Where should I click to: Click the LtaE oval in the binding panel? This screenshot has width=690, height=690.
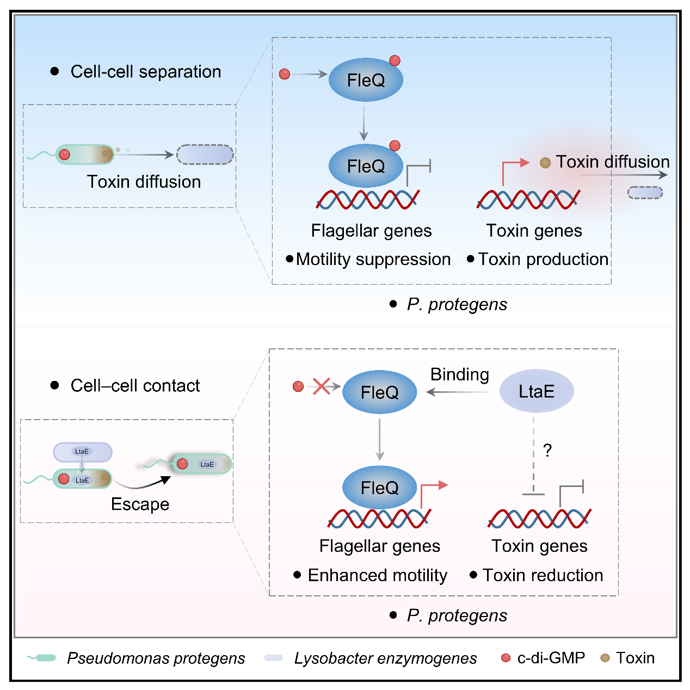(x=537, y=391)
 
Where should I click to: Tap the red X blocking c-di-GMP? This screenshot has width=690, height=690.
(x=322, y=386)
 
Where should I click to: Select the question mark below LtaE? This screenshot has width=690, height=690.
(x=547, y=451)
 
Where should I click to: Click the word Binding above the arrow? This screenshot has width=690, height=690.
(x=459, y=374)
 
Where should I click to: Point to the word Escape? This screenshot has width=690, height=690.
(x=140, y=504)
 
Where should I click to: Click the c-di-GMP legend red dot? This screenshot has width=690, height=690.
(x=506, y=658)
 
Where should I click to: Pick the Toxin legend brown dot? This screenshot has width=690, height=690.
(x=605, y=658)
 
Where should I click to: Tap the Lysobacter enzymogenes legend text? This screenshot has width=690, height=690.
(x=385, y=658)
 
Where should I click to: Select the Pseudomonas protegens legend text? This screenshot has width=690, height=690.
(x=156, y=658)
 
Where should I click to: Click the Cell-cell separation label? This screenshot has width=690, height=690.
(x=145, y=72)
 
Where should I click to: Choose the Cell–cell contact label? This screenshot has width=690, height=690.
(x=135, y=386)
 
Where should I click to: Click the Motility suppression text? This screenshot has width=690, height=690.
(x=373, y=260)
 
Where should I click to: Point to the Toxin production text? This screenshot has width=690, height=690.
(x=543, y=260)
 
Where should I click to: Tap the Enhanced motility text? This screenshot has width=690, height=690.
(x=377, y=575)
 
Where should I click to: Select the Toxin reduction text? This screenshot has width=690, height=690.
(x=543, y=575)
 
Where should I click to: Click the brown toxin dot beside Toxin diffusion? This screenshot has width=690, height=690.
(x=545, y=163)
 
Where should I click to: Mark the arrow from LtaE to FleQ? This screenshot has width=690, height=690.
(x=457, y=392)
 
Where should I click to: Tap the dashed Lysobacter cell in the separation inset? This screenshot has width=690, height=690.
(x=205, y=155)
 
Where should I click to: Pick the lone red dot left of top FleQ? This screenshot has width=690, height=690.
(x=285, y=74)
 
